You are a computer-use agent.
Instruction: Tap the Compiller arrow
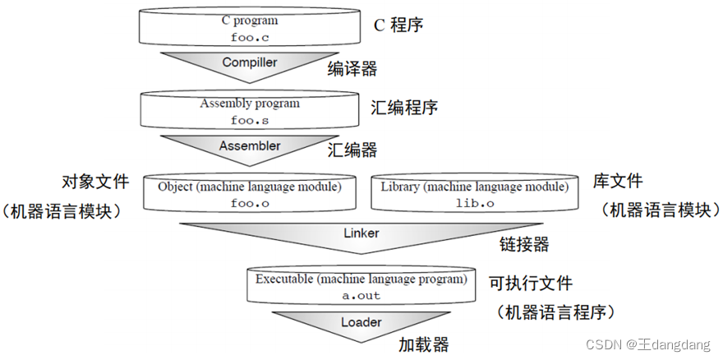click(x=250, y=63)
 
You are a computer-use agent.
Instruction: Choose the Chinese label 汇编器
click(x=352, y=150)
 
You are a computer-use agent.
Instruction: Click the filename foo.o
click(x=250, y=203)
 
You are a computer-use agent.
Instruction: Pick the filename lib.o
click(x=472, y=203)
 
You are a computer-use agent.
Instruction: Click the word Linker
click(x=361, y=233)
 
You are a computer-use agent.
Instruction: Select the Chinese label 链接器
click(x=524, y=244)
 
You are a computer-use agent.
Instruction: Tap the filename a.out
click(x=361, y=295)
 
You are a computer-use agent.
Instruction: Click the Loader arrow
click(x=361, y=322)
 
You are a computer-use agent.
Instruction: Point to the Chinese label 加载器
click(x=424, y=343)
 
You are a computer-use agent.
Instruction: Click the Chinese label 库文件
click(x=617, y=181)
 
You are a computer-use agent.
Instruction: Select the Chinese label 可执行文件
click(x=530, y=283)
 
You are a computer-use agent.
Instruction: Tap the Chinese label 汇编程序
click(x=404, y=108)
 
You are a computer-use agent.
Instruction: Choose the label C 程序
click(x=398, y=25)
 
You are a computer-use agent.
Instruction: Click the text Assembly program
click(x=250, y=104)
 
